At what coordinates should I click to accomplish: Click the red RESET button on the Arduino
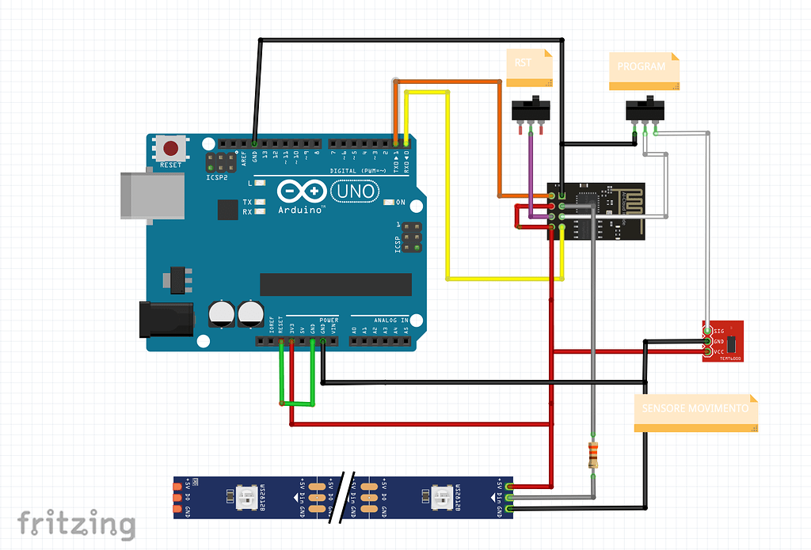click(x=170, y=148)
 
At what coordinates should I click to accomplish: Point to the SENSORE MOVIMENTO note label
click(x=695, y=413)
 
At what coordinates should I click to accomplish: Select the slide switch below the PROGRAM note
click(x=645, y=110)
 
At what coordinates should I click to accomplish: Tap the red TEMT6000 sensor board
click(x=723, y=341)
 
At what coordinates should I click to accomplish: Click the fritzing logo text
click(x=77, y=523)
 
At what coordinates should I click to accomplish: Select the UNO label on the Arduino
click(x=352, y=192)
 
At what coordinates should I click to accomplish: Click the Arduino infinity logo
click(x=302, y=192)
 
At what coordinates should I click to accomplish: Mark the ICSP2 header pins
click(x=215, y=163)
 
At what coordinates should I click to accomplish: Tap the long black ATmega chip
click(x=336, y=284)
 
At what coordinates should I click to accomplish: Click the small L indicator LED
click(x=260, y=183)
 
